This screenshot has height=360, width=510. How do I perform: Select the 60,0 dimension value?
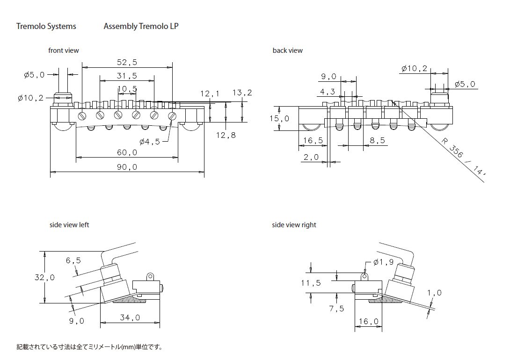click(x=127, y=152)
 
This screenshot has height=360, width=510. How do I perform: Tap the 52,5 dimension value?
click(x=127, y=62)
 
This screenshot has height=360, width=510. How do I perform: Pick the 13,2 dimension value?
click(x=242, y=93)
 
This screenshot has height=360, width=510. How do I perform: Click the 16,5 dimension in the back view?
click(x=313, y=140)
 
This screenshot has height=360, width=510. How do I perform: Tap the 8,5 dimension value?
click(x=377, y=140)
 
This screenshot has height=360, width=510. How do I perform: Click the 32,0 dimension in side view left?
click(x=44, y=277)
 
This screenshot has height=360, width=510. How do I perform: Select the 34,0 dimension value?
click(x=130, y=317)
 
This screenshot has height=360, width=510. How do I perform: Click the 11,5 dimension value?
click(x=311, y=282)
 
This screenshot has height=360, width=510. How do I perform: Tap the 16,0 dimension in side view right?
click(x=369, y=321)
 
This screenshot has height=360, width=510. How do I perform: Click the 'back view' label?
click(x=287, y=50)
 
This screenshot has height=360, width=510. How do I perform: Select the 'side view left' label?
click(x=69, y=225)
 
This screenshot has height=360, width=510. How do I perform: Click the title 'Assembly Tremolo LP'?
click(x=141, y=26)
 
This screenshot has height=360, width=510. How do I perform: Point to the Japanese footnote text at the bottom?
click(x=89, y=347)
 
